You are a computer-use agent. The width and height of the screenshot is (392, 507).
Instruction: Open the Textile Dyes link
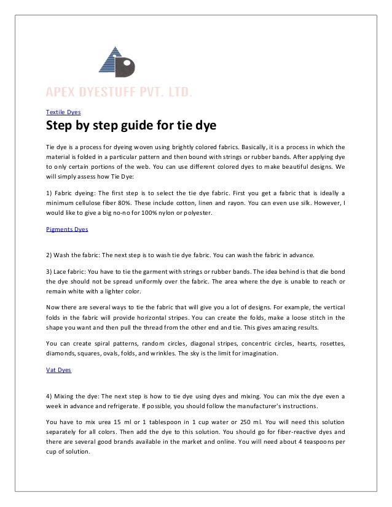[x=64, y=112]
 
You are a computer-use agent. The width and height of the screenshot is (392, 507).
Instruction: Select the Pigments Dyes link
[x=67, y=229]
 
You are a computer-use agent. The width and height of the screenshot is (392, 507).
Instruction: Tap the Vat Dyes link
[x=59, y=371]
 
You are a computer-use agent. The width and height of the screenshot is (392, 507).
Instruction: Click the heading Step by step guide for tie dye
[x=130, y=128]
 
